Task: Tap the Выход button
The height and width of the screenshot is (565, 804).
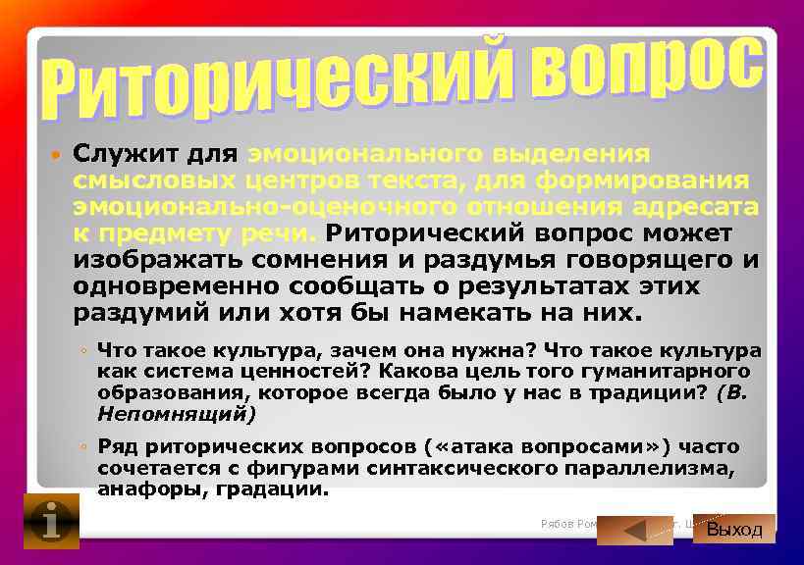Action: point(734,529)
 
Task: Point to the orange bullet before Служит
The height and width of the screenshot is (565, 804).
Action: point(55,156)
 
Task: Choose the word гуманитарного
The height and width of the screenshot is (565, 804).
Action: point(667,371)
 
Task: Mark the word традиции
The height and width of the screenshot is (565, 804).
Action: point(640,392)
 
